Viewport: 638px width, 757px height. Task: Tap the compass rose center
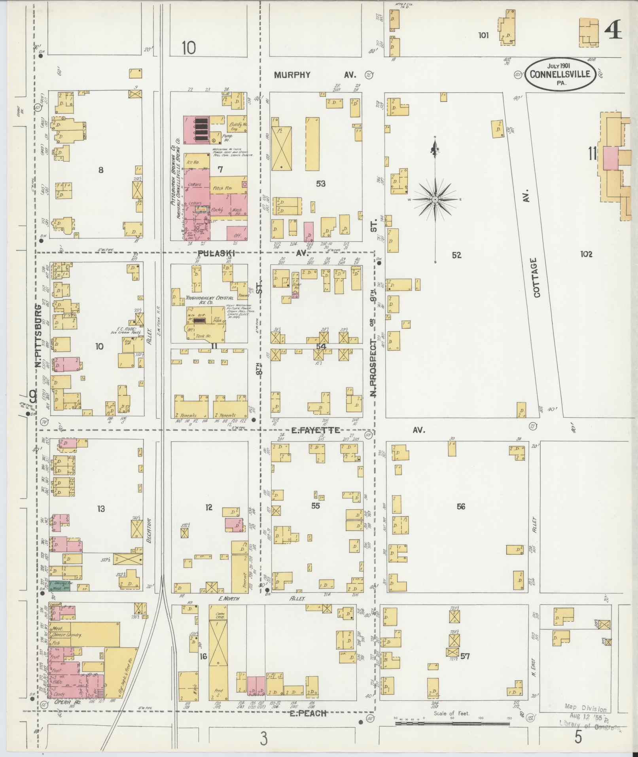pos(435,199)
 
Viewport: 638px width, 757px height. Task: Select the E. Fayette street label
pos(315,430)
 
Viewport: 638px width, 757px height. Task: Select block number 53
pos(320,184)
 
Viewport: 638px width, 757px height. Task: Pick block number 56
pos(461,506)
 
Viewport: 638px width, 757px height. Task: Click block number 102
pos(586,254)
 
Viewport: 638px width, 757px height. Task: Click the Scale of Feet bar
pos(452,723)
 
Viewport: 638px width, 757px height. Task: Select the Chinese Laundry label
pos(67,635)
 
